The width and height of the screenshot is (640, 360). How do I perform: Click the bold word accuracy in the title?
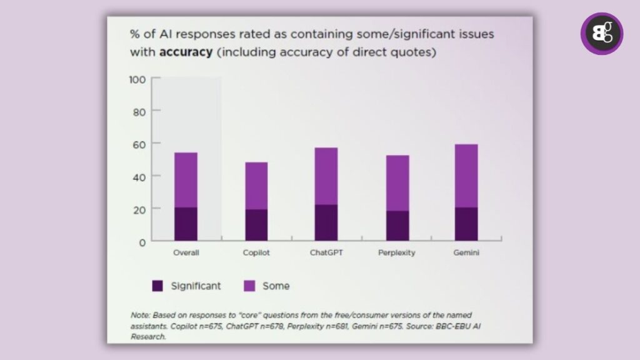186,52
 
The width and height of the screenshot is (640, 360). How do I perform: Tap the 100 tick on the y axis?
137,79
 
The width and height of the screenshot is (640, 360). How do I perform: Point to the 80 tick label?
139,111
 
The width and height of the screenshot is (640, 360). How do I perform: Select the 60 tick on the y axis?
139,144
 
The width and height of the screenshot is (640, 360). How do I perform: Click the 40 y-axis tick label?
139,176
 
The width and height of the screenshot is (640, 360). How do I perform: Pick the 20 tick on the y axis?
139,209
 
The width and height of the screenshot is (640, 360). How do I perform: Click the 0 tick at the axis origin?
142,241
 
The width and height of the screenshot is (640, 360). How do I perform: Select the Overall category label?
186,253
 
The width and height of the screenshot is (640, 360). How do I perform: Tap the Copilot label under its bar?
256,253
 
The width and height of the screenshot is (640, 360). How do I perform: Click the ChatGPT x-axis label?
326,253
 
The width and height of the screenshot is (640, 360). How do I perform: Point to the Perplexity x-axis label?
397,253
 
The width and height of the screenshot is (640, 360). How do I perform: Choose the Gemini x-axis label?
466,253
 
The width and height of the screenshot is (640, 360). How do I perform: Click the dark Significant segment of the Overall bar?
186,224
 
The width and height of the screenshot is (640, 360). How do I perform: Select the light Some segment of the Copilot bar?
256,186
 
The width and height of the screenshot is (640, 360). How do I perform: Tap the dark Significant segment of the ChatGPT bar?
326,223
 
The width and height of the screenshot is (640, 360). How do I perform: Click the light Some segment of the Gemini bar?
466,176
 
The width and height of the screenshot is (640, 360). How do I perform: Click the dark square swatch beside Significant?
157,286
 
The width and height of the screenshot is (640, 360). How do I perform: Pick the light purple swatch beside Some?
249,286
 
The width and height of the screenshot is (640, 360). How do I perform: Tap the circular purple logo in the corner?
601,34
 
